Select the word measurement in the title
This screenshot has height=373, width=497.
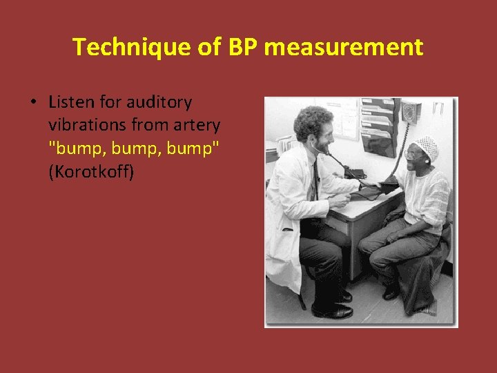pyautogui.click(x=344, y=47)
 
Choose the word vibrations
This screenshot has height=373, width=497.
pyautogui.click(x=86, y=125)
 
